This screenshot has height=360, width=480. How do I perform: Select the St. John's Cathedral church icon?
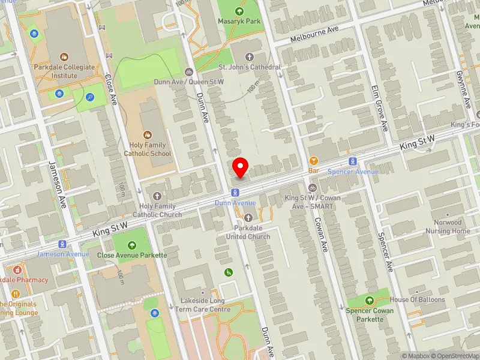[x=250, y=56]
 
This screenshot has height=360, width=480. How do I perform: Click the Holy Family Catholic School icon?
[x=148, y=135]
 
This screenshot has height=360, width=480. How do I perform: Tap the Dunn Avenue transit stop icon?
[x=235, y=193]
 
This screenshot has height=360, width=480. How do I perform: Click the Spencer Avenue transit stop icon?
[x=353, y=161]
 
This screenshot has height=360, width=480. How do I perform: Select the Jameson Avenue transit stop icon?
[x=62, y=244]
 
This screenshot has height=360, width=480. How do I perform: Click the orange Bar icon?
[x=313, y=161]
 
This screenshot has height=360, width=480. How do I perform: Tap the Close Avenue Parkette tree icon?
[x=132, y=244]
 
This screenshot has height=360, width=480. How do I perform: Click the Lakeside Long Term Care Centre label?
[x=203, y=305]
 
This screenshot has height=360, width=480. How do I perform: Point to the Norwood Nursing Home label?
[x=448, y=226]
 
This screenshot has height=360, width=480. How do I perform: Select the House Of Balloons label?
[x=417, y=299]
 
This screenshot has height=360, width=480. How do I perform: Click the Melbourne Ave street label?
[x=314, y=34]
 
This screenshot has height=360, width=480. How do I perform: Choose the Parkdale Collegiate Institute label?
[x=64, y=71]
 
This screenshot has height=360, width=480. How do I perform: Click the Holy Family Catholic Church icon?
[x=157, y=196]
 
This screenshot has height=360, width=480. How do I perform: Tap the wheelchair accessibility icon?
[x=229, y=272]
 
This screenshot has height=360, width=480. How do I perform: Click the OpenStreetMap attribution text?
[x=455, y=356]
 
